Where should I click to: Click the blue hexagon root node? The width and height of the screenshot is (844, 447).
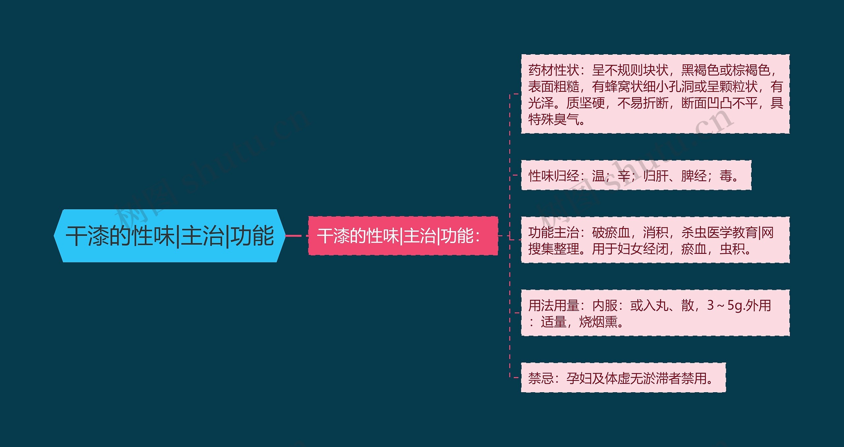169,236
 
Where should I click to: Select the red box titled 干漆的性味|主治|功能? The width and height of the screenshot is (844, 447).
403,236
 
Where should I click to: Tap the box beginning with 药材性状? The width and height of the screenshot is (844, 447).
655,94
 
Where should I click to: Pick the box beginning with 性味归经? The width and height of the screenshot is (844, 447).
636,175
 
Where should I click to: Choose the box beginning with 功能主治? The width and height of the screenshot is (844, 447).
655,240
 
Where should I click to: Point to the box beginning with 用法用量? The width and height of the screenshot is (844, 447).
655,313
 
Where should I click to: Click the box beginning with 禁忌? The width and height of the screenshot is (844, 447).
623,378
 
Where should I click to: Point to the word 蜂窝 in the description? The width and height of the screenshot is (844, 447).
618,86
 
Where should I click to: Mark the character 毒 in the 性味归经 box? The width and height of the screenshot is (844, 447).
726,176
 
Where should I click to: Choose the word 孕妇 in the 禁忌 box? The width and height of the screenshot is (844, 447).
579,378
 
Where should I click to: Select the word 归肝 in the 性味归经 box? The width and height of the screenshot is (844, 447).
656,176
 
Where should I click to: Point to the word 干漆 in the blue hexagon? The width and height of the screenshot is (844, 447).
87,236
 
